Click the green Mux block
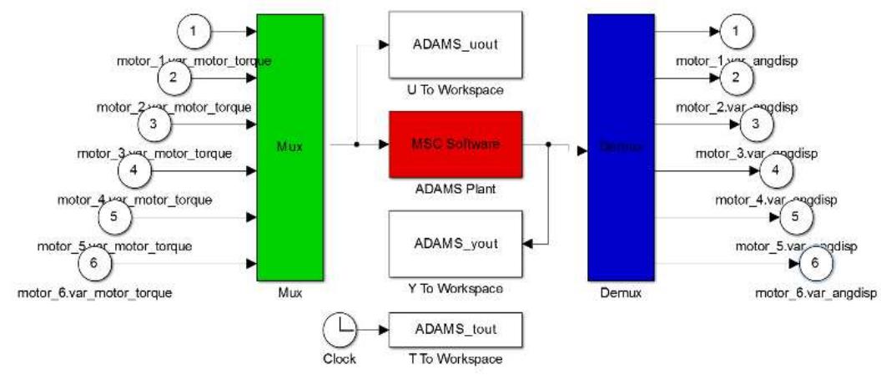pyautogui.click(x=289, y=148)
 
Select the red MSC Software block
pyautogui.click(x=456, y=144)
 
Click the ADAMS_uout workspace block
pyautogui.click(x=456, y=44)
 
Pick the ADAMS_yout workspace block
pyautogui.click(x=456, y=244)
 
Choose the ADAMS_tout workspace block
pyautogui.click(x=456, y=329)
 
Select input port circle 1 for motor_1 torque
pyautogui.click(x=194, y=31)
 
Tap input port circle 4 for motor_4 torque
pyautogui.click(x=134, y=170)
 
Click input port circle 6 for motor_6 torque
pyautogui.click(x=94, y=264)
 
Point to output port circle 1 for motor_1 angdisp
pyautogui.click(x=735, y=31)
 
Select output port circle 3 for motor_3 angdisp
pyautogui.click(x=756, y=124)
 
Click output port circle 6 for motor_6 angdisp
pyautogui.click(x=815, y=264)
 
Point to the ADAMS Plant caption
pyautogui.click(x=456, y=189)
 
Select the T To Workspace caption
pyautogui.click(x=456, y=359)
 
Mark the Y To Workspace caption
pyautogui.click(x=456, y=289)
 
